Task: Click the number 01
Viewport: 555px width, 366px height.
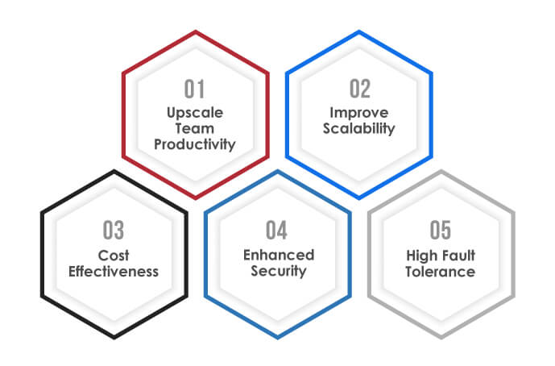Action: pyautogui.click(x=194, y=89)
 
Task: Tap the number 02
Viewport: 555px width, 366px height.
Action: pyautogui.click(x=360, y=89)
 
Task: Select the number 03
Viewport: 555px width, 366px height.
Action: pyautogui.click(x=114, y=230)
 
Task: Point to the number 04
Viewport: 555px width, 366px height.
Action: pyautogui.click(x=277, y=230)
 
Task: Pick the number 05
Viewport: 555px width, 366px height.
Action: pyautogui.click(x=441, y=230)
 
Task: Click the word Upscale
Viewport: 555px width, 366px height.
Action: pyautogui.click(x=195, y=114)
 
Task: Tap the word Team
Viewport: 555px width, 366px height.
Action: pyautogui.click(x=195, y=128)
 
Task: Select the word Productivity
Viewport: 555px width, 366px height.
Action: pyautogui.click(x=195, y=145)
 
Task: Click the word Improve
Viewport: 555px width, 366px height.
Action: pyautogui.click(x=359, y=114)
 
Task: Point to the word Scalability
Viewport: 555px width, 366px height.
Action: pyautogui.click(x=359, y=129)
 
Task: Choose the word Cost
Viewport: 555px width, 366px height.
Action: pyautogui.click(x=114, y=256)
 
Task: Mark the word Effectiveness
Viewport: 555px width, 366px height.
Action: pyautogui.click(x=114, y=272)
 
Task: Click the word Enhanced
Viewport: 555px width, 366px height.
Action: pyautogui.click(x=279, y=255)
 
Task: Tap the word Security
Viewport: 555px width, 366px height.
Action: pyautogui.click(x=279, y=272)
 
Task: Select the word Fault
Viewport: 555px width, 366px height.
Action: pyautogui.click(x=458, y=256)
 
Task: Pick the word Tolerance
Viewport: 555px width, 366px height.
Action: pyautogui.click(x=441, y=272)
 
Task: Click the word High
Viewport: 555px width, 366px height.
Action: pyautogui.click(x=421, y=256)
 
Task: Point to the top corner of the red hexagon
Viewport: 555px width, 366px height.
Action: pyautogui.click(x=196, y=31)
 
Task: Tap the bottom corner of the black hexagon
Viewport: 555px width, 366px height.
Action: pyautogui.click(x=114, y=338)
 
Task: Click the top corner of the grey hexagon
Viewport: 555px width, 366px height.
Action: pyautogui.click(x=441, y=171)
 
